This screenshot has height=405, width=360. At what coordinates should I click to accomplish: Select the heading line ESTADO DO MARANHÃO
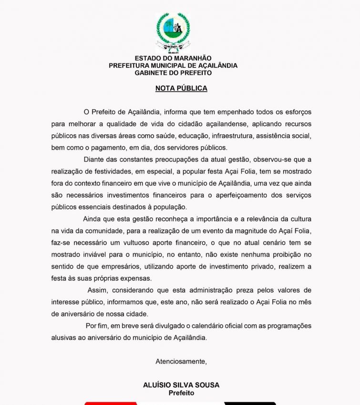[173, 58]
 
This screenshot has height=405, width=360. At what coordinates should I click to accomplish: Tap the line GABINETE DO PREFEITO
[173, 73]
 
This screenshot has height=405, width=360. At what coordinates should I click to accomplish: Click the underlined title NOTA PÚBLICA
[181, 88]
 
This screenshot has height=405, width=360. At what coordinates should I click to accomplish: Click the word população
[170, 207]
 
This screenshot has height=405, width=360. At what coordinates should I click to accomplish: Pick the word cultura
[298, 219]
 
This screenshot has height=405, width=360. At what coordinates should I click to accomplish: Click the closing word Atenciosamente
[181, 361]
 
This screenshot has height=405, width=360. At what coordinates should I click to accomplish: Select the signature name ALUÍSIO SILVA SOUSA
[181, 385]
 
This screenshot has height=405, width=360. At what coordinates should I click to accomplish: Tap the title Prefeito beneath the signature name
[181, 393]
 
